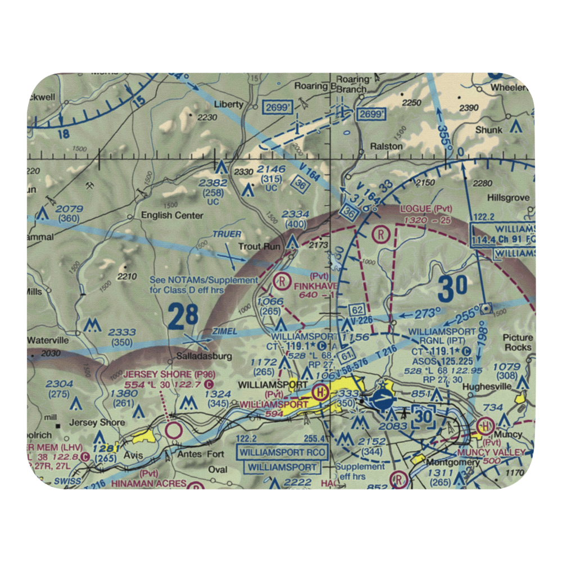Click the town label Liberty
pyautogui.click(x=232, y=105)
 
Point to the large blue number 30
pyautogui.click(x=453, y=288)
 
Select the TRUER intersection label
pyautogui.click(x=226, y=234)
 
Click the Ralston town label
pyautogui.click(x=386, y=146)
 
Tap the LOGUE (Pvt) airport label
pyautogui.click(x=427, y=209)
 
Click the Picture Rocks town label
pyautogui.click(x=518, y=342)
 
